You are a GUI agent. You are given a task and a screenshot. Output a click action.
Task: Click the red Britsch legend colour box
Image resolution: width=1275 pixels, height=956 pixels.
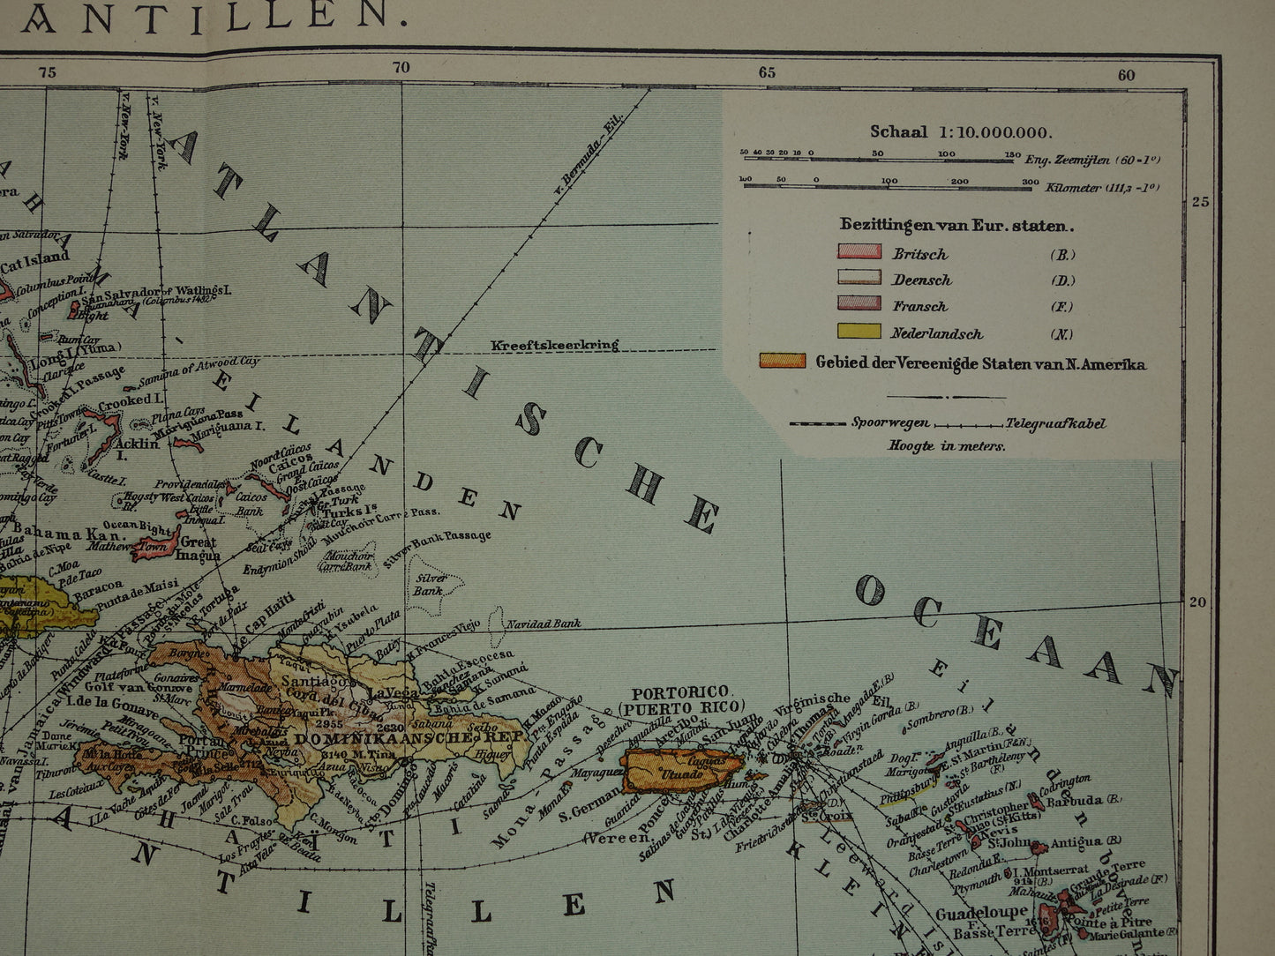pos(859,252)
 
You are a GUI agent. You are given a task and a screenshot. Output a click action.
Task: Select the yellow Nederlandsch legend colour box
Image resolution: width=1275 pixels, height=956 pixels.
pos(859,332)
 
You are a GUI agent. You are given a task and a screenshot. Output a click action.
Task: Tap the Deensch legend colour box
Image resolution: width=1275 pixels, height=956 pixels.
pos(859,278)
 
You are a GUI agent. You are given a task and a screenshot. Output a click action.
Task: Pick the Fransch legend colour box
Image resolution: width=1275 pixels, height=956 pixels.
pos(859,303)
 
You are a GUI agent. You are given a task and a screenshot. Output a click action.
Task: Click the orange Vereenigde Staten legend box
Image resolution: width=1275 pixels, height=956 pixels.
pos(783,361)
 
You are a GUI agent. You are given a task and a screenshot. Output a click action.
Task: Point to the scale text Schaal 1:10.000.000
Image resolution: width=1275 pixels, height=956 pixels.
pos(961,132)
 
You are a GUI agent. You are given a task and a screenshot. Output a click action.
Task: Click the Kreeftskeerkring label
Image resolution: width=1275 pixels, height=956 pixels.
pos(555,345)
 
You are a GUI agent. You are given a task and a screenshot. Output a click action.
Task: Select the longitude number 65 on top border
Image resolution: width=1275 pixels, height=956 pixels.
pos(767,72)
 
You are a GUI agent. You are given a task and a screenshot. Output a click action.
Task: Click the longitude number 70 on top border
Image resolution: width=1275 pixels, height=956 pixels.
pos(401,68)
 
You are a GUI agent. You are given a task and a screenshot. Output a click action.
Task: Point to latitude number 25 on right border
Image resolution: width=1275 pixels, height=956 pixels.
pos(1201,201)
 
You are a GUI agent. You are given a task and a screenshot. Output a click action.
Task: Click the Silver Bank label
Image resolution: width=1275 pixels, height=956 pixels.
pos(429,584)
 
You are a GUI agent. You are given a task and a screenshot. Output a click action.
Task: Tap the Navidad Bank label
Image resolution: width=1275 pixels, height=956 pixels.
pos(543,624)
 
